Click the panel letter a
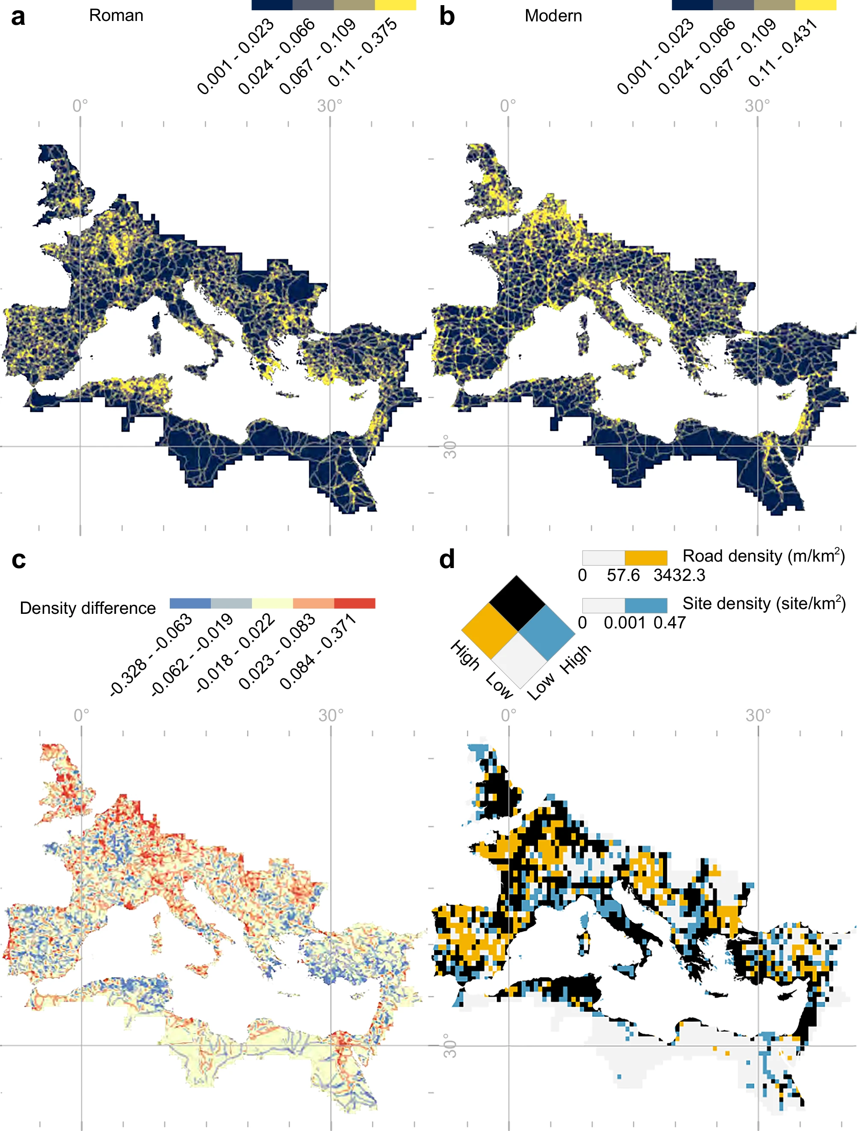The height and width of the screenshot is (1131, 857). [x=18, y=17]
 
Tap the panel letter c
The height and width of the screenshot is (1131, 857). [x=18, y=560]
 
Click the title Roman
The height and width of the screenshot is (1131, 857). [x=116, y=15]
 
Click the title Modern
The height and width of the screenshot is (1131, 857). [x=553, y=16]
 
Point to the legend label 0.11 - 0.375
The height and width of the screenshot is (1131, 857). [x=362, y=52]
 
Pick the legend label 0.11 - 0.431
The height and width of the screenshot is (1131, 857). [x=783, y=52]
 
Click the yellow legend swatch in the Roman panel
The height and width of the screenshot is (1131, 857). [x=396, y=5]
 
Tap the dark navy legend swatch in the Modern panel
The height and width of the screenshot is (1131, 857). [x=692, y=5]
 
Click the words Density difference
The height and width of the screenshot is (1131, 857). [x=87, y=608]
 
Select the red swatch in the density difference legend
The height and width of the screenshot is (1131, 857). [x=355, y=603]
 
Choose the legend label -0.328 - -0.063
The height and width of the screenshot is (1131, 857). [x=151, y=655]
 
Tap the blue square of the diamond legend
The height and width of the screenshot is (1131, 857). [x=547, y=633]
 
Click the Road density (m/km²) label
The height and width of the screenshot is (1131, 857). [x=763, y=556]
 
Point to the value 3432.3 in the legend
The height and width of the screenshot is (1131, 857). [x=679, y=575]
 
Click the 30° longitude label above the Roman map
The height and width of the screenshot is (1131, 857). [x=330, y=106]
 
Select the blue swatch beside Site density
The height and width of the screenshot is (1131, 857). [x=646, y=605]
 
